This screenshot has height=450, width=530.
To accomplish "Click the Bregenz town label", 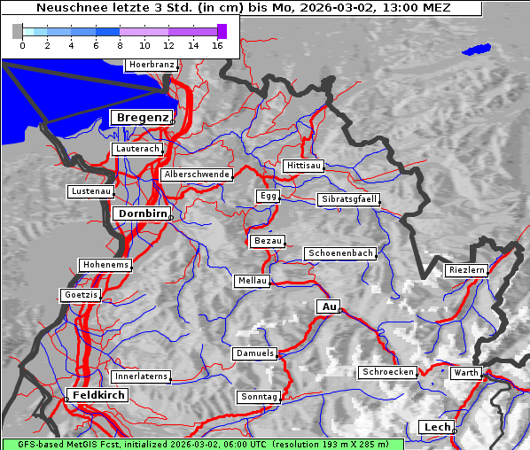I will (x=141, y=118).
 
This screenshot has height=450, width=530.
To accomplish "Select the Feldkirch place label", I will (x=97, y=394).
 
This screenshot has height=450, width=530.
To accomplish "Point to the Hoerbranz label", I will (x=151, y=65).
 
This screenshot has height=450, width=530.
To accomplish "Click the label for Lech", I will (x=437, y=427).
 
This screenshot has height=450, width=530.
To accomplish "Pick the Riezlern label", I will (x=466, y=269).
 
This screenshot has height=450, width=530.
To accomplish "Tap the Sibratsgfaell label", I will (x=348, y=199).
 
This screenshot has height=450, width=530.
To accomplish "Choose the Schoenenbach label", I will (x=340, y=253).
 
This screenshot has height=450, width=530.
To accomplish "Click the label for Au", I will (x=328, y=306).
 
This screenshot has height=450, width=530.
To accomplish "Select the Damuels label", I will (x=255, y=353).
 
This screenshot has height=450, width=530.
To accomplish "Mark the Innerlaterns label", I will (x=141, y=376).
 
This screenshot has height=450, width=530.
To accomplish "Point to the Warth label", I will (x=466, y=373).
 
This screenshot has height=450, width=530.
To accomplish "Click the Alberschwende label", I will (x=197, y=175).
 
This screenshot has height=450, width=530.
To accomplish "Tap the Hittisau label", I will (x=304, y=166).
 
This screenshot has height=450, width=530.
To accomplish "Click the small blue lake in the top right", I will (x=477, y=50).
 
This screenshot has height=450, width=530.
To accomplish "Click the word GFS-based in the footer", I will (x=32, y=444).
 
